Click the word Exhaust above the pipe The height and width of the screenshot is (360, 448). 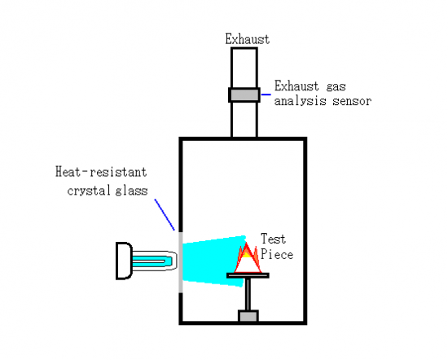click(x=247, y=39)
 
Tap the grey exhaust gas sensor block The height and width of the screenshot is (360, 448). click(x=244, y=94)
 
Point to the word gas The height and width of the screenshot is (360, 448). click(x=336, y=87)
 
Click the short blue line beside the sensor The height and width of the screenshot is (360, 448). click(x=266, y=94)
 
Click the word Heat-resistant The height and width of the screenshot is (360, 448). click(x=101, y=172)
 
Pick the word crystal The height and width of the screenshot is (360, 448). click(x=89, y=191)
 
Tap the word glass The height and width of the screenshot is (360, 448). click(x=132, y=191)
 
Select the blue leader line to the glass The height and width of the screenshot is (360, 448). click(x=165, y=214)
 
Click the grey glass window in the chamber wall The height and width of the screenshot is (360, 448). click(x=181, y=262)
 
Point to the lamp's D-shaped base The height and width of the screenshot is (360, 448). click(x=124, y=261)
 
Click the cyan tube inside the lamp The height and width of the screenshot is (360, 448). click(x=152, y=261)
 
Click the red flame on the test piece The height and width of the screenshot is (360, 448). click(x=248, y=258)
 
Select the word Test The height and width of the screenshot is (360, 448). click(x=273, y=239)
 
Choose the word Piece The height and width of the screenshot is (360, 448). click(x=277, y=254)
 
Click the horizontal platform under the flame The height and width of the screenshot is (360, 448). click(x=248, y=275)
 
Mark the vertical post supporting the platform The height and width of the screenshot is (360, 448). click(x=248, y=294)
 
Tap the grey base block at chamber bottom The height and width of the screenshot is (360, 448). click(x=248, y=316)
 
